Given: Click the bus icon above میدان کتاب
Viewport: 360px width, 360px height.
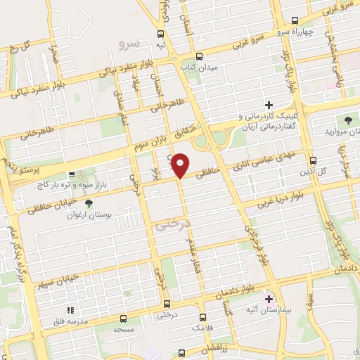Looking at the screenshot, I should [x=199, y=56].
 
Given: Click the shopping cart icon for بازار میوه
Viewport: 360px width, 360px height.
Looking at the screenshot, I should [x=72, y=173].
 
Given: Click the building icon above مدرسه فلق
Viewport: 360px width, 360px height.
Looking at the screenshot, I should [x=69, y=310].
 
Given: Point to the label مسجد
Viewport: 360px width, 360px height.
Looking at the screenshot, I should [x=122, y=328].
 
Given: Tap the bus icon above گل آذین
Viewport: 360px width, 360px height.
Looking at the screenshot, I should [x=314, y=160].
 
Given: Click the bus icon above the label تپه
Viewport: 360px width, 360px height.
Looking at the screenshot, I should [x=161, y=34].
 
